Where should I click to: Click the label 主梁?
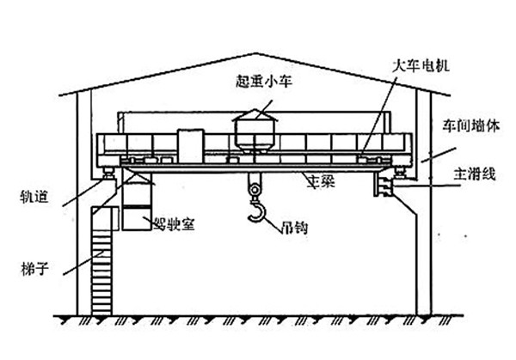point(323,181)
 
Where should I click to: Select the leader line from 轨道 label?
point(83,191)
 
